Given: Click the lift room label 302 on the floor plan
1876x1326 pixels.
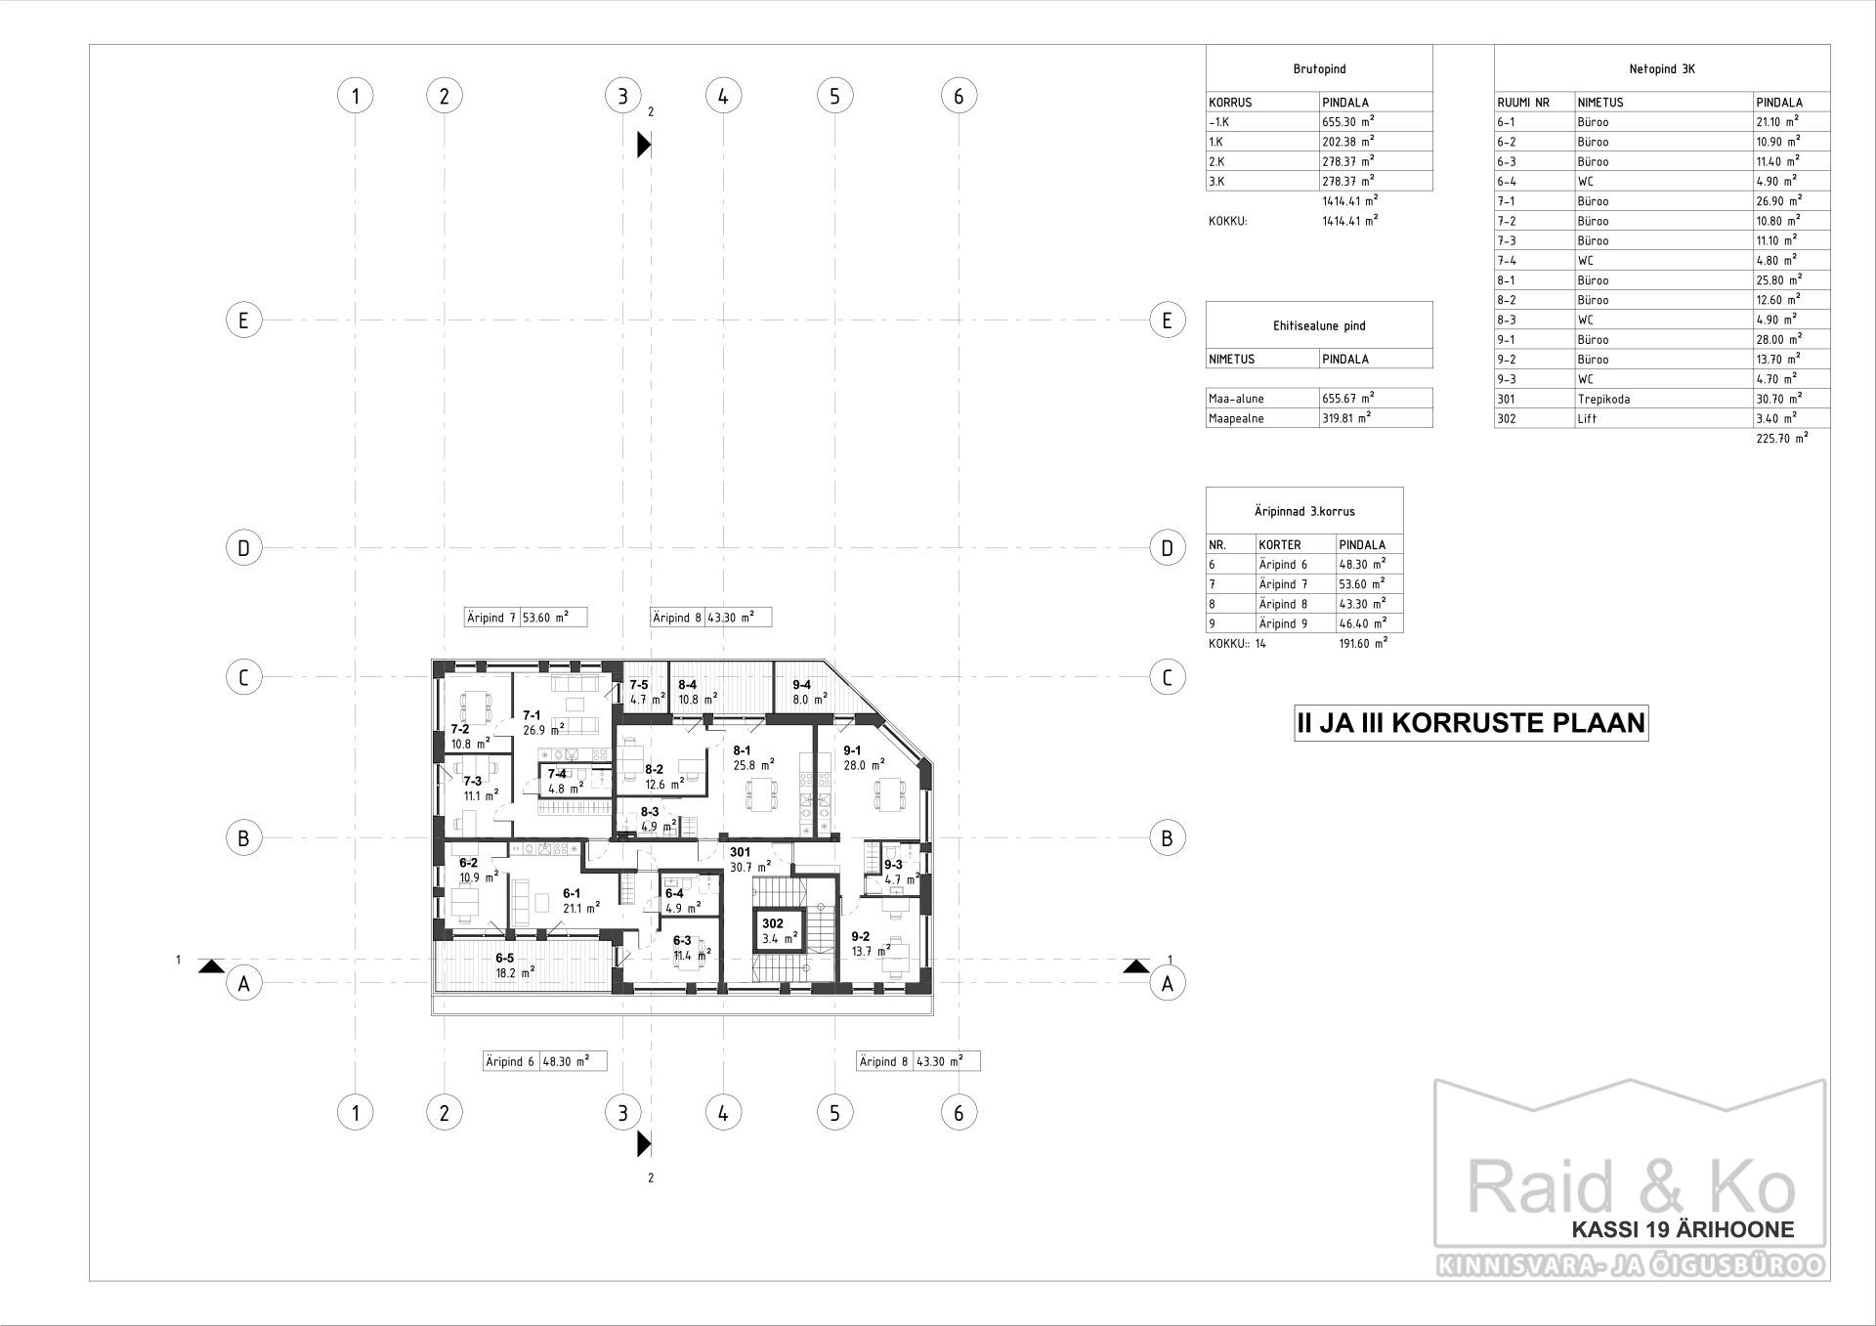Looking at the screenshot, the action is click(x=773, y=923).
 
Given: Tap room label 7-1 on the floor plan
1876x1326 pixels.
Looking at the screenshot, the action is click(x=532, y=715).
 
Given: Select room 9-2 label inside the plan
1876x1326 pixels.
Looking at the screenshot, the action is click(x=861, y=936).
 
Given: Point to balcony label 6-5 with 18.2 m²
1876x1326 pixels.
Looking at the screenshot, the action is click(x=505, y=959).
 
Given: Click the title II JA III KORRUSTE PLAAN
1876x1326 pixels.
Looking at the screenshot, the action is click(x=1471, y=724).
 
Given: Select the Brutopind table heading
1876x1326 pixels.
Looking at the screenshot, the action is click(x=1319, y=69).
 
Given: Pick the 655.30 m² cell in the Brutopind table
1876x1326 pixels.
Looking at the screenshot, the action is click(x=1348, y=122).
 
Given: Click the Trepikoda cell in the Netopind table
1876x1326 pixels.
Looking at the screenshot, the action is click(x=1603, y=399).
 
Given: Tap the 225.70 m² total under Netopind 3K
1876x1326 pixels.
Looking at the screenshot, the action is click(x=1781, y=439).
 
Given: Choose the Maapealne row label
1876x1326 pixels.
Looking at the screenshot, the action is click(x=1236, y=418).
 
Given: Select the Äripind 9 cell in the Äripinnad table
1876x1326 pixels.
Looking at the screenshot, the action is click(x=1283, y=623).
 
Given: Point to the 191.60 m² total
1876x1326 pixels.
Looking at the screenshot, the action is click(x=1363, y=644).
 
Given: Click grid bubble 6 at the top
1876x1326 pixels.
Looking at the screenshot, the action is click(x=959, y=96).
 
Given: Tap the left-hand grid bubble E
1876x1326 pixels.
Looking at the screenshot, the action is click(x=243, y=320).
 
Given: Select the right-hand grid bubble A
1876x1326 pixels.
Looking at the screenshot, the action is click(x=1167, y=984).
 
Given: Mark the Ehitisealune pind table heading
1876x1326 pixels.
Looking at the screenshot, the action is click(x=1319, y=326).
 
